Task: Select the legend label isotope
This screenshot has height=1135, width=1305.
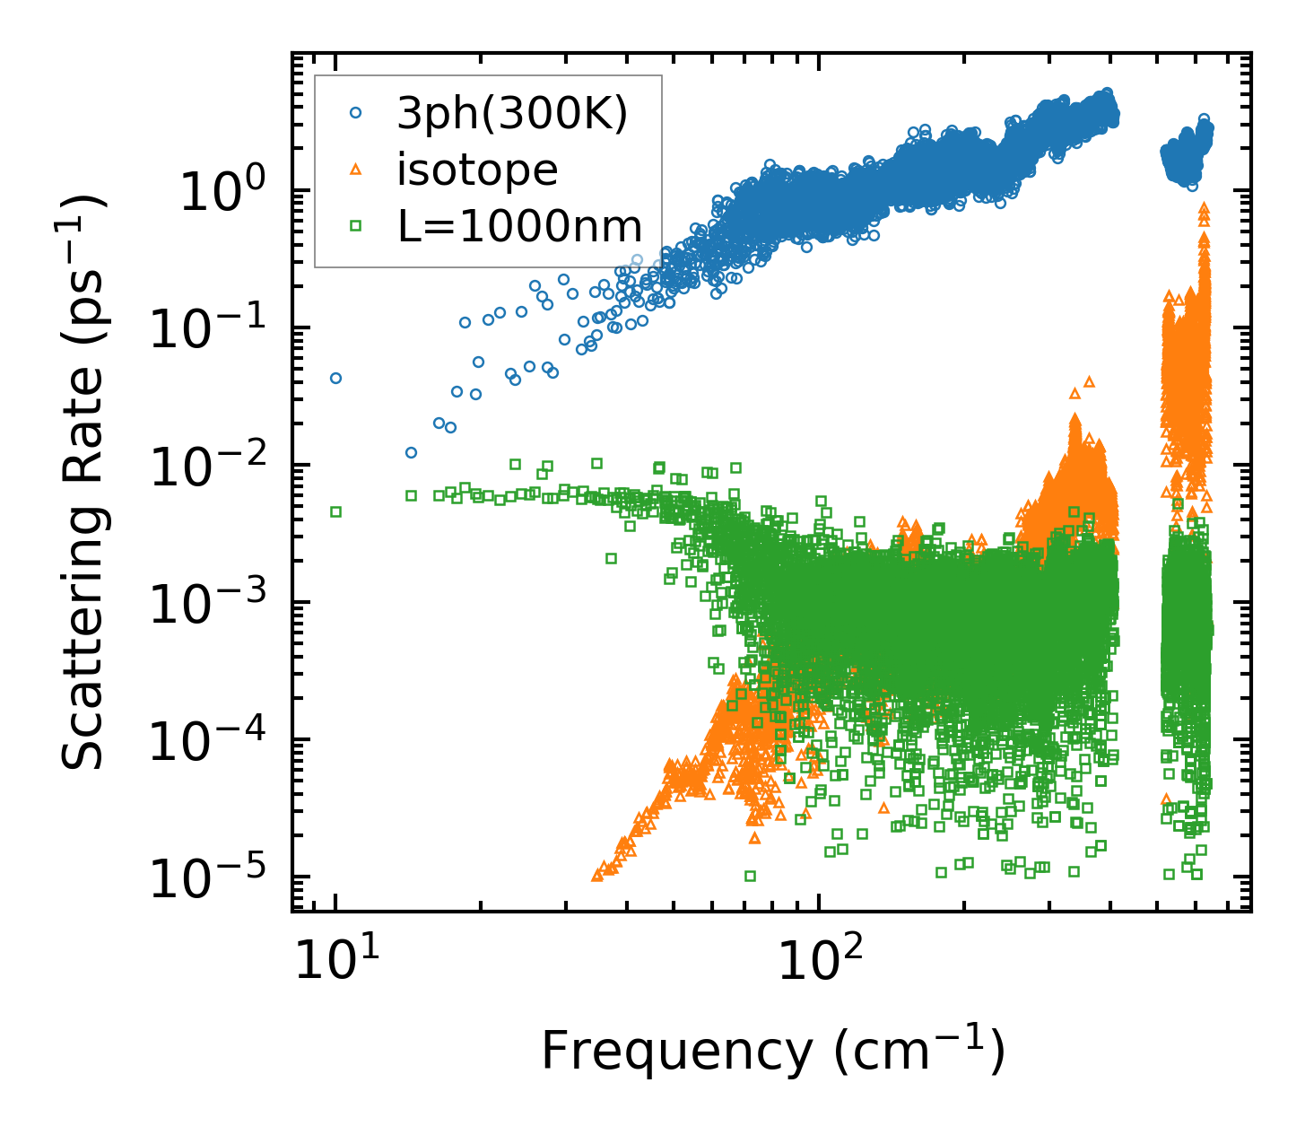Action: pyautogui.click(x=477, y=170)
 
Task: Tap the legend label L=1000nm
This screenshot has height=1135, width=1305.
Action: pyautogui.click(x=520, y=227)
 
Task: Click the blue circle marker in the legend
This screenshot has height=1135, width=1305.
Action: pyautogui.click(x=356, y=113)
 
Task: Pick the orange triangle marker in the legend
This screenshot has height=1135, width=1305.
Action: pyautogui.click(x=356, y=170)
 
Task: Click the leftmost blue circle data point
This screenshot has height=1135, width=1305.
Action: pyautogui.click(x=335, y=378)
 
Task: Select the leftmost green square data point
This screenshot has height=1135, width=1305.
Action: pyautogui.click(x=335, y=511)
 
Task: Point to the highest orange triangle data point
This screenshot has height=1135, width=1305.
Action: pyautogui.click(x=1204, y=206)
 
